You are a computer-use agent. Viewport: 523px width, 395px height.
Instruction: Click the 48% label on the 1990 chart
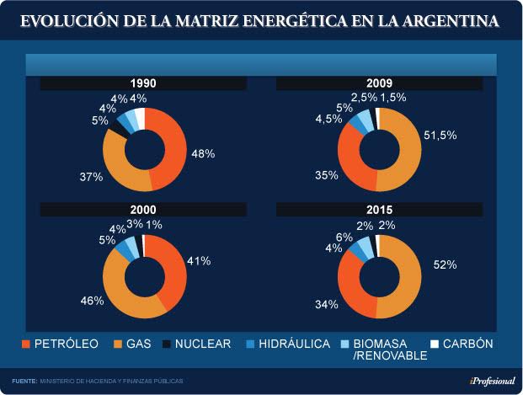point(203,154)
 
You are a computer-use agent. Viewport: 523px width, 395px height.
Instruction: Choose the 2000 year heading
point(143,209)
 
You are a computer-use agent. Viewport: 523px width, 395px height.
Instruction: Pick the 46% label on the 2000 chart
point(92,300)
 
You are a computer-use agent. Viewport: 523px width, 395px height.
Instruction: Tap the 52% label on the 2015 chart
point(446,264)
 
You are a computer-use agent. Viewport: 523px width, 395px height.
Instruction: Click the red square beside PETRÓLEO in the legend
point(24,344)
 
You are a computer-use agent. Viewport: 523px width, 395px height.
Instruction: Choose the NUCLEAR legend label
point(198,344)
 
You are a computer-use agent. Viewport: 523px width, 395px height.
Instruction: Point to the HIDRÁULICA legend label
point(295,344)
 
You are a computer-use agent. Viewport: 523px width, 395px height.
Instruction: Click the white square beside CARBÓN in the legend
point(435,344)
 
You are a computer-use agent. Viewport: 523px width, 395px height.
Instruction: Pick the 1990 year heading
point(143,83)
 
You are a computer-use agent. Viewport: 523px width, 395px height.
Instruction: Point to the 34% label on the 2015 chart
point(326,304)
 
